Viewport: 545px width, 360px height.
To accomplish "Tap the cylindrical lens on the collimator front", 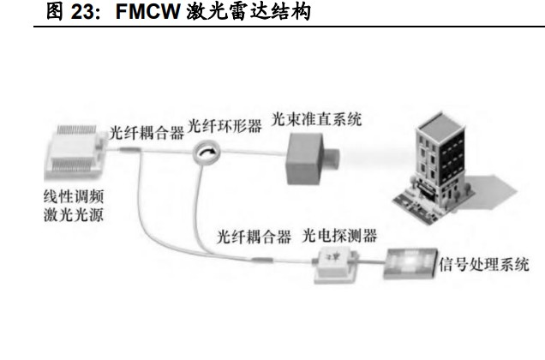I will click(x=331, y=156).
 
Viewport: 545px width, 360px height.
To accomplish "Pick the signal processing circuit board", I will click(x=410, y=263).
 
